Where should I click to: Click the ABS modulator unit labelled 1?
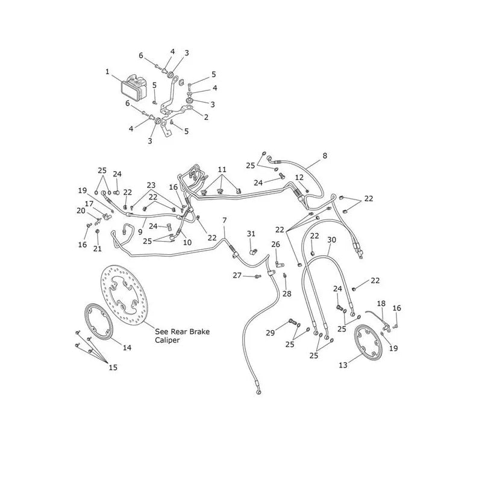point(134,87)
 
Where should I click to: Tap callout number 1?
point(107,72)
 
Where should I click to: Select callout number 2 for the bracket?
point(206,117)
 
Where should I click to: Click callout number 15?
point(113,368)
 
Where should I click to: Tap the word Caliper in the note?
point(167,340)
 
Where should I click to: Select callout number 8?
point(325,156)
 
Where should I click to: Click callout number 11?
point(222,169)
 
